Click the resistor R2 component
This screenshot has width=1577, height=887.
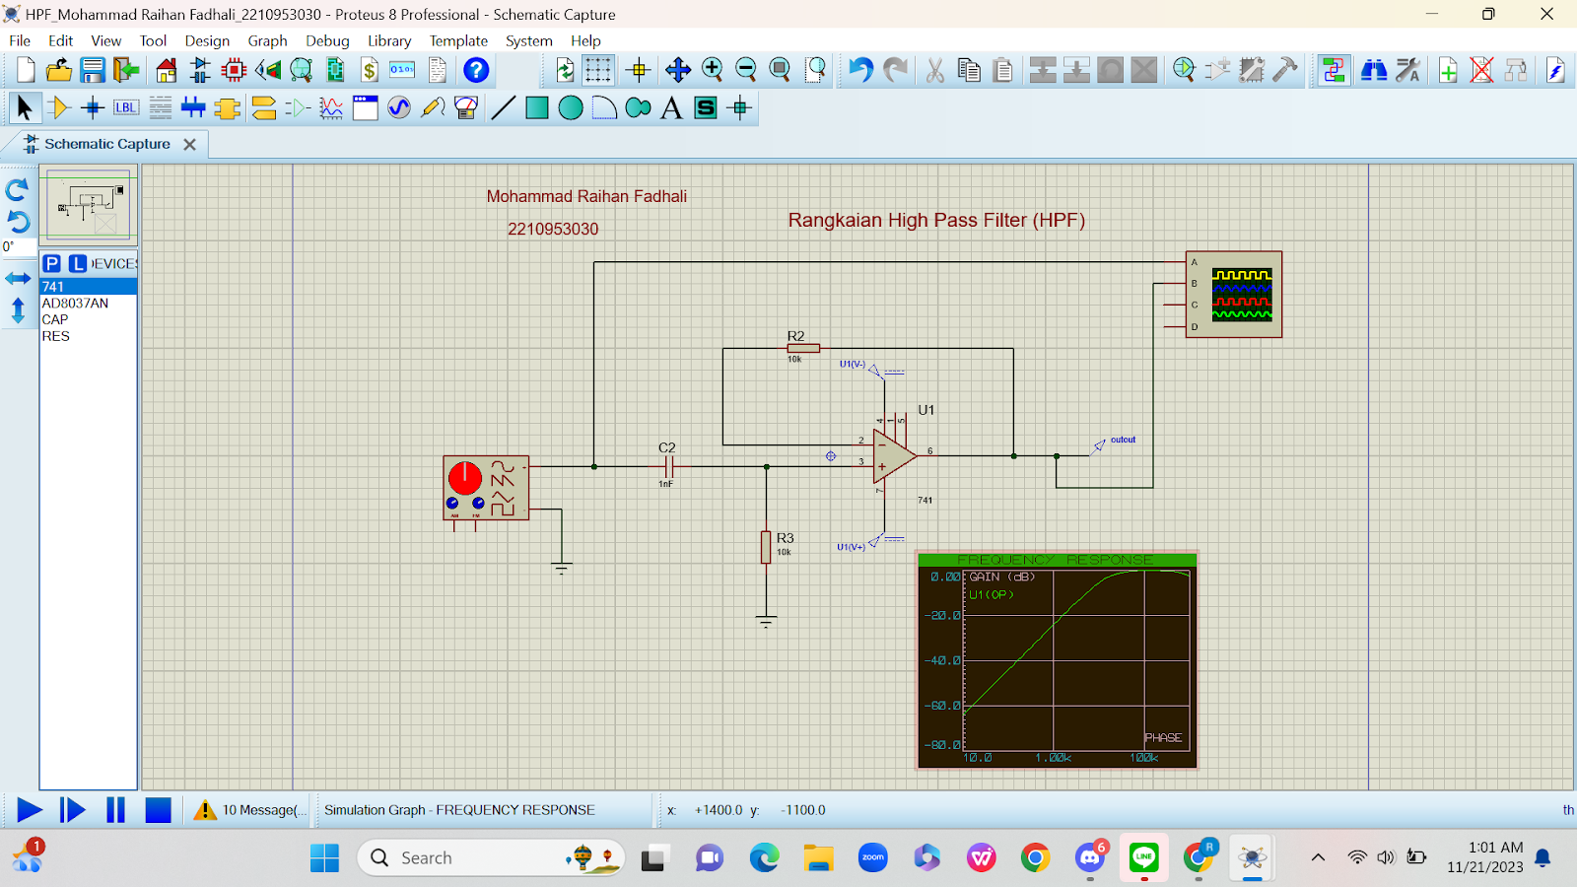(x=803, y=348)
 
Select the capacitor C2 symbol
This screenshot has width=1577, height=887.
(x=668, y=466)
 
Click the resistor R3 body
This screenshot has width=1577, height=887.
(x=766, y=547)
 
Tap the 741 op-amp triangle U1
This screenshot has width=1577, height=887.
(x=893, y=455)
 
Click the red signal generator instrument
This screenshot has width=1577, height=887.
(x=486, y=487)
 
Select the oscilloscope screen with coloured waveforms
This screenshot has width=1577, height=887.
(x=1241, y=295)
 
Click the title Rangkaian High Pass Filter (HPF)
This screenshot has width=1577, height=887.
(x=936, y=220)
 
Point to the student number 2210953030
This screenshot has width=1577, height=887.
(x=553, y=229)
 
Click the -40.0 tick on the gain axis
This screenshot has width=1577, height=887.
(x=942, y=660)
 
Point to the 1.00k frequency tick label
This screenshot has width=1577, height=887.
(x=1053, y=758)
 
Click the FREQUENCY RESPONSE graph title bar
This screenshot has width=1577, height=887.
(x=1056, y=560)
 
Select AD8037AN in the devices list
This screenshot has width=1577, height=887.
(x=75, y=304)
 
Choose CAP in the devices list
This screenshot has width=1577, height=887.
(x=55, y=319)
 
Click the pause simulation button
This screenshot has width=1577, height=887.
(x=115, y=810)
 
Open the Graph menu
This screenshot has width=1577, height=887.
(x=267, y=40)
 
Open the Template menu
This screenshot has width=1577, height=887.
(x=458, y=40)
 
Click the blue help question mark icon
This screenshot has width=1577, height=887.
(x=476, y=70)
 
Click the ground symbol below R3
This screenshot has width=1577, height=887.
(x=766, y=622)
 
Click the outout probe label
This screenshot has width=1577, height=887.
(x=1123, y=440)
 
